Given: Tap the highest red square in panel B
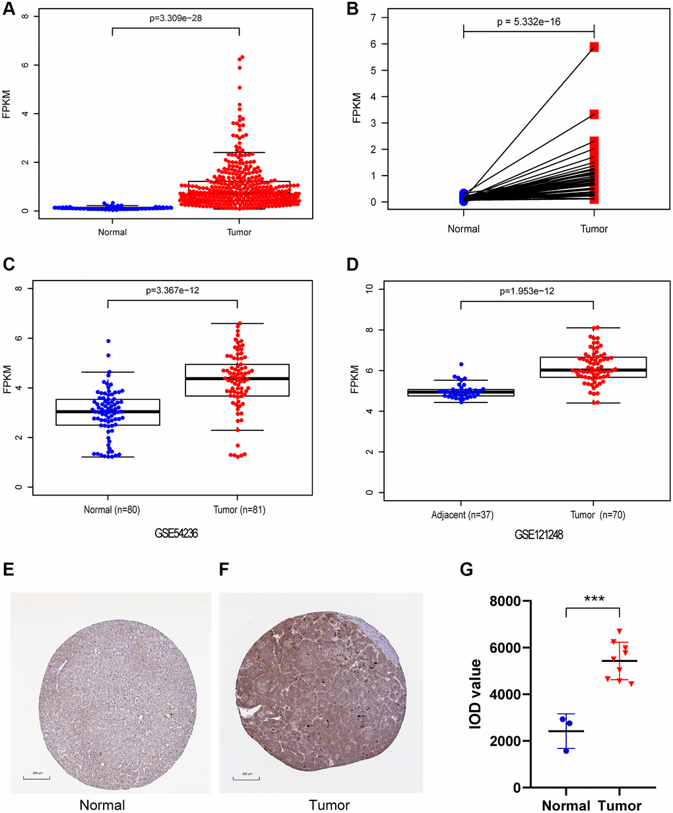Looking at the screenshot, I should tap(594, 47).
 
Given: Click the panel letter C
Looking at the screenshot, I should tap(9, 265).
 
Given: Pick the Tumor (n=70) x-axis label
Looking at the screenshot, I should tap(593, 515).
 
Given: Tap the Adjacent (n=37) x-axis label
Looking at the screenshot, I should tap(461, 515).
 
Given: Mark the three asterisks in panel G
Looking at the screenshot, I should tap(594, 599).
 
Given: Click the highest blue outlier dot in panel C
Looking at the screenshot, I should tap(108, 341).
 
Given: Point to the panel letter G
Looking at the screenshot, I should tap(466, 569).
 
